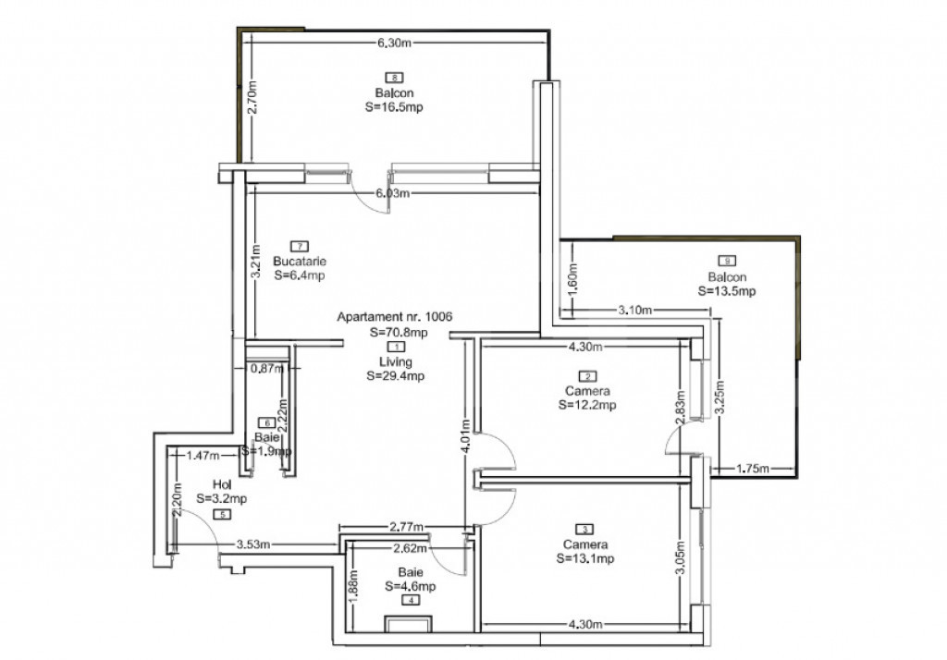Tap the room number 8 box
tap(395, 78)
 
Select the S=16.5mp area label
tap(395, 107)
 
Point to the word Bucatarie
tap(300, 261)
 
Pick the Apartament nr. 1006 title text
tap(395, 317)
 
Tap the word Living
tap(395, 361)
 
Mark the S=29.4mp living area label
tap(396, 376)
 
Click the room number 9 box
tap(728, 261)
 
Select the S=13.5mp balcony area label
tap(728, 291)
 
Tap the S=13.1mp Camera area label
tap(585, 558)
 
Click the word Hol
tap(222, 483)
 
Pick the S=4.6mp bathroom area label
tap(411, 585)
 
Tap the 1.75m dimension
tap(755, 469)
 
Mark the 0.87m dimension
tap(266, 368)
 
